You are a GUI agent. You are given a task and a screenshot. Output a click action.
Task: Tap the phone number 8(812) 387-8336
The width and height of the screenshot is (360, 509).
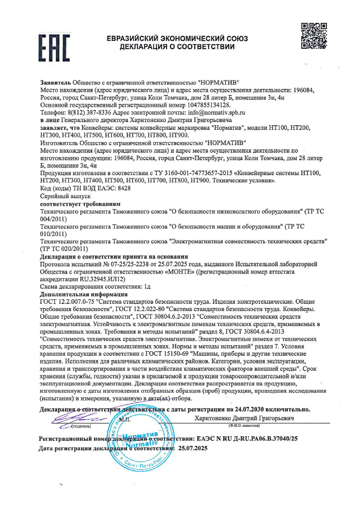[x=88, y=112]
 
